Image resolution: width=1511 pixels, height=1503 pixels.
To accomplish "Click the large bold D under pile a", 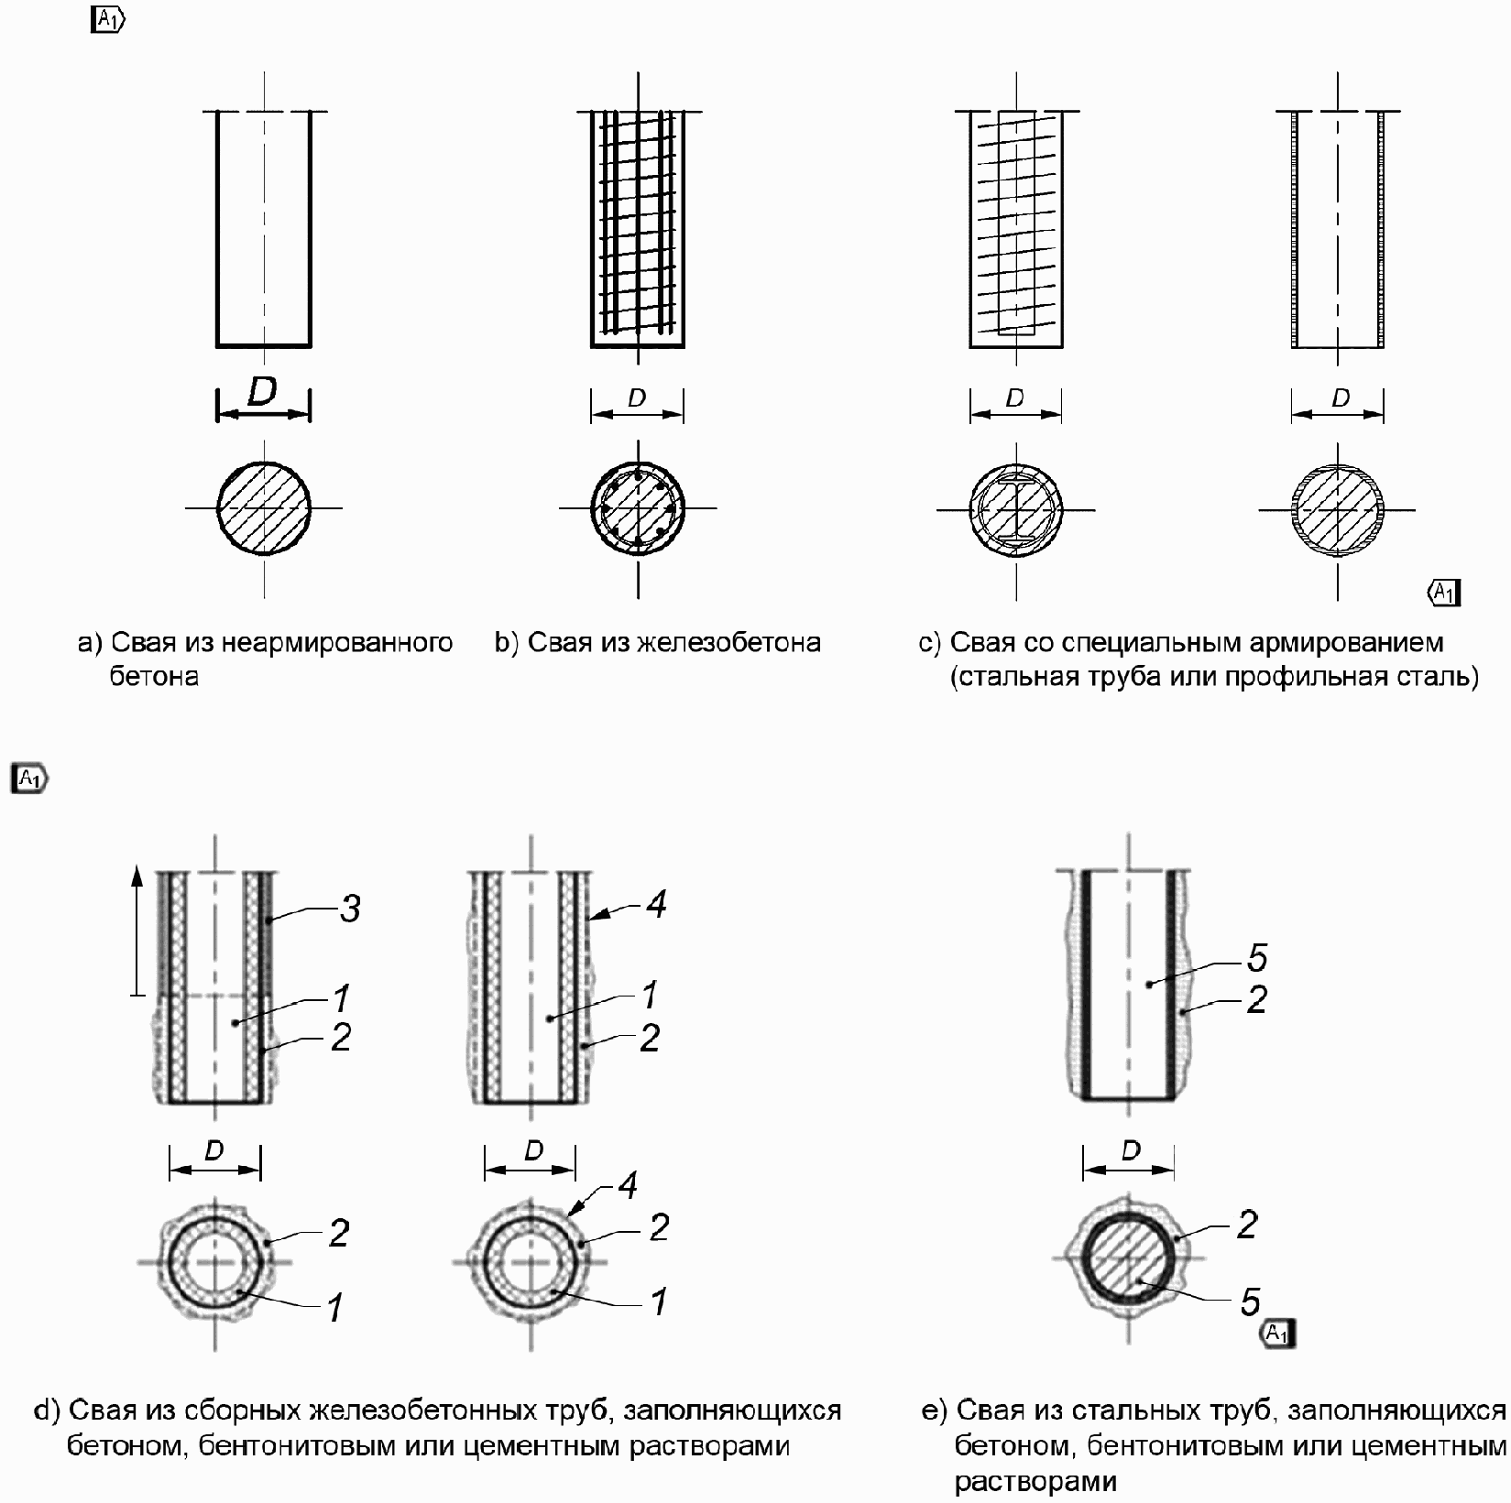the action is pos(262,392).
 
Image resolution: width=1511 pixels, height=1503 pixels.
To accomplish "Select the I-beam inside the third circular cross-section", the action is pos(1015,507).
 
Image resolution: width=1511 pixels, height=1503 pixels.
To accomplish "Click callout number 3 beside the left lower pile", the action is pos(350,909).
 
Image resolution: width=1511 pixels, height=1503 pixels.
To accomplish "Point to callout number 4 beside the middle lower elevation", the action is pos(656,904).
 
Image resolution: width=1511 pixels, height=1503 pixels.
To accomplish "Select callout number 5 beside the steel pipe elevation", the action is pos(1257,958).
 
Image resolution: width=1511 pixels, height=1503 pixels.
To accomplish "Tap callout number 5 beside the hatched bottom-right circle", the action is pos(1251,1302).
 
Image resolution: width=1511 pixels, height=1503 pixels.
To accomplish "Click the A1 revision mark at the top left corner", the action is pos(108,20).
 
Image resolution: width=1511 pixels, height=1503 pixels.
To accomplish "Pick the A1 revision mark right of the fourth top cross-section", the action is pos(1444,593).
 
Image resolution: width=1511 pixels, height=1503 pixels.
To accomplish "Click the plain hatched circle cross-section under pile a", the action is pos(264,507).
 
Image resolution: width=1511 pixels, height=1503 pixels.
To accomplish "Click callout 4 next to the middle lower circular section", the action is pos(628,1186).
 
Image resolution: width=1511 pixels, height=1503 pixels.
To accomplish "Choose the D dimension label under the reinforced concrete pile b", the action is pos(637,398).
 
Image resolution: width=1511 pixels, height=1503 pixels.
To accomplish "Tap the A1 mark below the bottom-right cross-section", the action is pos(1277,1334).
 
